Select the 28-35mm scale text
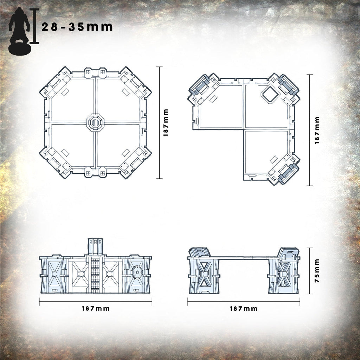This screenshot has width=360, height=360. [77, 27]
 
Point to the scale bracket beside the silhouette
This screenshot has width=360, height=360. [34, 26]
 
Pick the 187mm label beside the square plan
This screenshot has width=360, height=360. [166, 123]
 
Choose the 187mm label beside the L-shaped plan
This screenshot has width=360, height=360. [317, 130]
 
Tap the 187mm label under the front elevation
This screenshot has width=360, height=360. [96, 308]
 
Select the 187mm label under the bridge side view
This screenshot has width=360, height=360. [243, 309]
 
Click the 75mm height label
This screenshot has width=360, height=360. [317, 271]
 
